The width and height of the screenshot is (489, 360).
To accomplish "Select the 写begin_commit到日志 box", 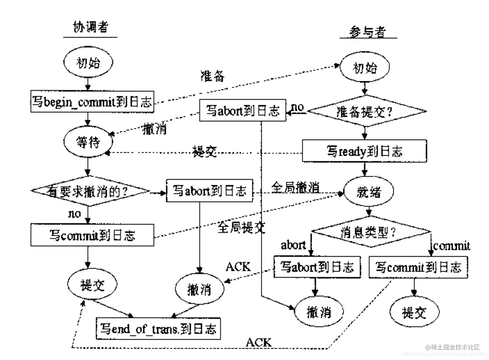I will pyautogui.click(x=92, y=102).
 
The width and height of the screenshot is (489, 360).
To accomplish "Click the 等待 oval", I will pyautogui.click(x=88, y=142).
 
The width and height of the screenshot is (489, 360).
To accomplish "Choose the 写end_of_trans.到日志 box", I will pyautogui.click(x=158, y=329).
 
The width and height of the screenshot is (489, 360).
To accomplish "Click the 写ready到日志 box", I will pyautogui.click(x=364, y=151).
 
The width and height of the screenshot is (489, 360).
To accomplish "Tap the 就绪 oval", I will pyautogui.click(x=369, y=192).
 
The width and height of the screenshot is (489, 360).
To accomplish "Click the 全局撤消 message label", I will pyautogui.click(x=295, y=187).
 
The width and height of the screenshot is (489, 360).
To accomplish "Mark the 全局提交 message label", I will pyautogui.click(x=241, y=227).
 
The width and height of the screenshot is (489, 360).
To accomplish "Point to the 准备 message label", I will pyautogui.click(x=212, y=76).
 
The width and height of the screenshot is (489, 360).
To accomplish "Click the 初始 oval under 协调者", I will pyautogui.click(x=88, y=63).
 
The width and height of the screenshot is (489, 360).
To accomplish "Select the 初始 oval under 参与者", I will pyautogui.click(x=365, y=68).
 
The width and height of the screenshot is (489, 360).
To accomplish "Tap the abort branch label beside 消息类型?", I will pyautogui.click(x=293, y=245).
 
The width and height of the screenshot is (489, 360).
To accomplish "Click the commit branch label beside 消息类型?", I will pyautogui.click(x=451, y=246).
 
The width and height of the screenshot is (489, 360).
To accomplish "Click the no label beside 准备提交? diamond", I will pyautogui.click(x=297, y=107).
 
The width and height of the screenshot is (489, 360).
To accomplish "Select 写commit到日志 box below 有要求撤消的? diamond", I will pyautogui.click(x=92, y=235).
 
